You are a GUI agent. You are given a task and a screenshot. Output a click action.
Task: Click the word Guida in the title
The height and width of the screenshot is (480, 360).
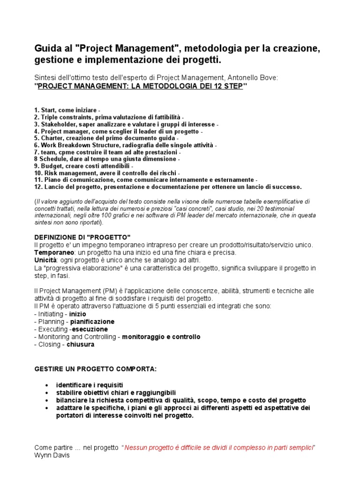point(46,49)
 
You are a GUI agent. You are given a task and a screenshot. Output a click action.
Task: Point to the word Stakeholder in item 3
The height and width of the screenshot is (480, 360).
point(59,124)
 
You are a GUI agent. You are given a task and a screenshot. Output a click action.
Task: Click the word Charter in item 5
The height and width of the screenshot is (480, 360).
point(52,139)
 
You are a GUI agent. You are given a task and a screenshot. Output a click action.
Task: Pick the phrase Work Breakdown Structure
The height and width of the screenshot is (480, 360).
point(76,146)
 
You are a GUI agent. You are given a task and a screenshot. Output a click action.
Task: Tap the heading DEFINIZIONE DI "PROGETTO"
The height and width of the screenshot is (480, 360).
point(82,237)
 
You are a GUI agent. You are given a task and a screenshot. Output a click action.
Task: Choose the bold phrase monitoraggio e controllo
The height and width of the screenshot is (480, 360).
point(161,337)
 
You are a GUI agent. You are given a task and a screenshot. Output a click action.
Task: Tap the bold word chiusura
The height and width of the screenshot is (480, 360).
point(80,345)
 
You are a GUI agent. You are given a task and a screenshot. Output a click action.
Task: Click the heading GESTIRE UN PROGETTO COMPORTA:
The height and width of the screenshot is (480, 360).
point(96,369)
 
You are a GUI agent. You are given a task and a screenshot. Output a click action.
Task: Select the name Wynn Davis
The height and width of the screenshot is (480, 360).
point(52,455)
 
